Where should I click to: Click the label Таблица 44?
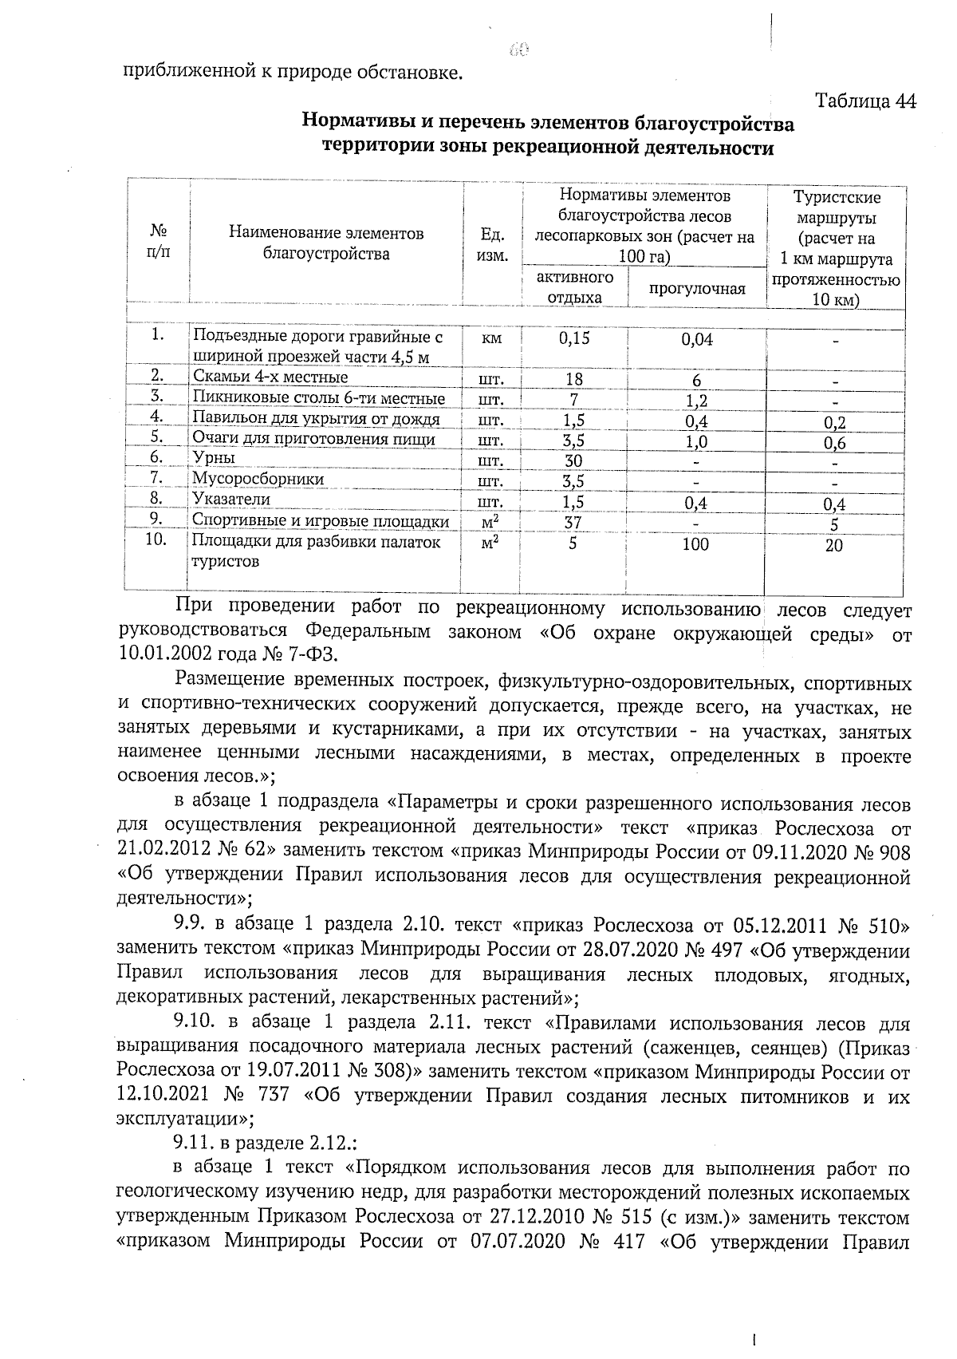[x=865, y=101]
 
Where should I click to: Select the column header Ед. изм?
[x=492, y=244]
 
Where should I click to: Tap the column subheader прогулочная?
[x=696, y=288]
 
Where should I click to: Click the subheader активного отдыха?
[x=574, y=286]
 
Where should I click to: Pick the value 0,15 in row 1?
[x=574, y=338]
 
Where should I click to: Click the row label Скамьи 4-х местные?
[x=270, y=377]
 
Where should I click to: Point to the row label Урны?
[x=214, y=458]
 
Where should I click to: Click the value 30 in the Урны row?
[x=573, y=461]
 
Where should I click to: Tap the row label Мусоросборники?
[x=258, y=479]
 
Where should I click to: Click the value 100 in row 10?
[x=695, y=544]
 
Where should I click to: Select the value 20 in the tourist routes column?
[x=833, y=546]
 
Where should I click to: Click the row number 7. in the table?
[x=157, y=478]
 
